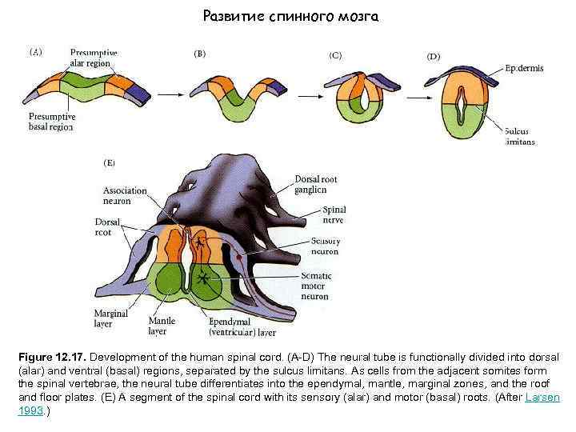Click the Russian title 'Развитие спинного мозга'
coord(290,16)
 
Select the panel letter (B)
coord(200,54)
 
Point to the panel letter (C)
coord(335,55)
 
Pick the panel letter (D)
coord(433,57)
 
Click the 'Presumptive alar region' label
coord(94,58)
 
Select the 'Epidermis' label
coord(524,69)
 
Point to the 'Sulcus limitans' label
coord(520,136)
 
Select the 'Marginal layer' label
coord(110,318)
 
